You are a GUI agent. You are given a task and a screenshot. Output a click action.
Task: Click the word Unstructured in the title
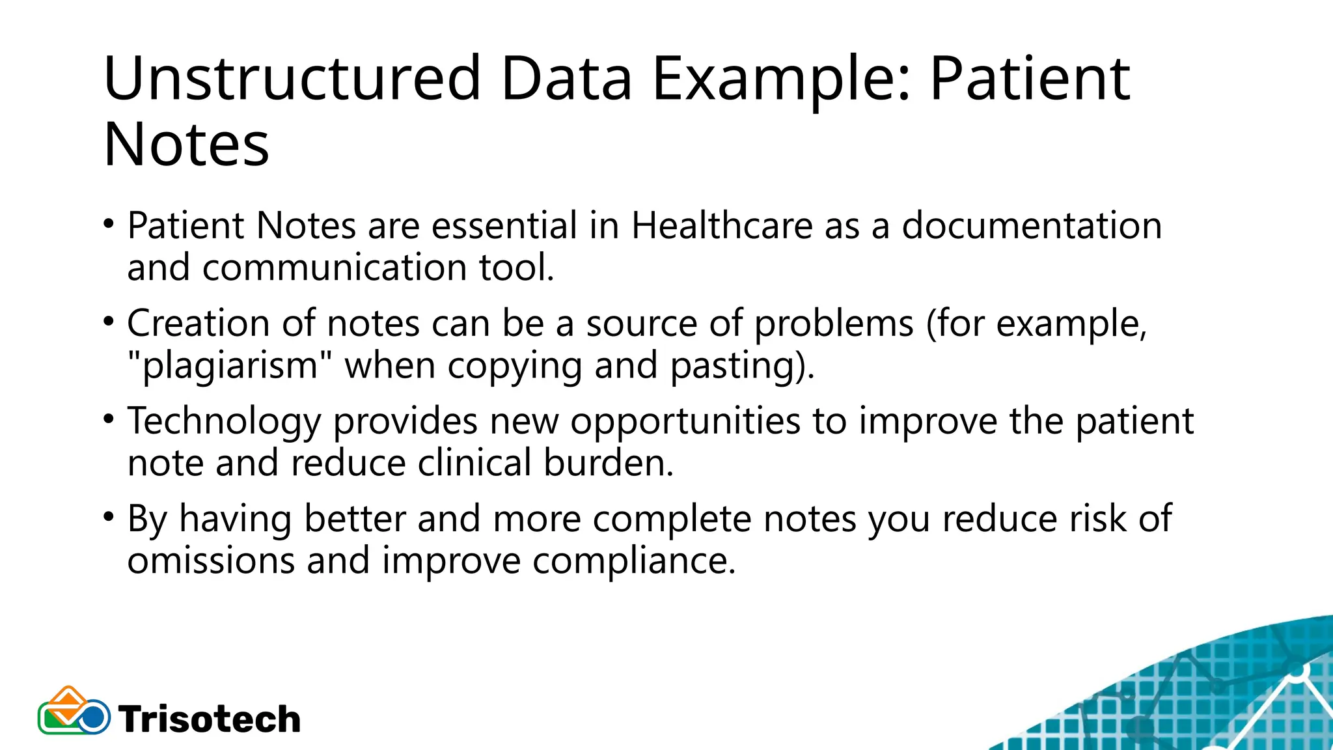[x=292, y=79]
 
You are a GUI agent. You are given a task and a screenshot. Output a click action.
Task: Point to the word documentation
[x=1032, y=226]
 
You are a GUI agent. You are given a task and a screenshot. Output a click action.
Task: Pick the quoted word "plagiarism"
[x=223, y=366]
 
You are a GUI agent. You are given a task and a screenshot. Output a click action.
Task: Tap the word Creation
[x=199, y=324]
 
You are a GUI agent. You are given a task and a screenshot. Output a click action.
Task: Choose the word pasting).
[x=742, y=366]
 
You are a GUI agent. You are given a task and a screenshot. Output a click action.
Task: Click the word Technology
[x=224, y=422]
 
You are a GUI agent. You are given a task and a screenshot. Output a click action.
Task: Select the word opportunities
[x=685, y=422]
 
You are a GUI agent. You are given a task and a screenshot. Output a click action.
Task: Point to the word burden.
[x=608, y=463]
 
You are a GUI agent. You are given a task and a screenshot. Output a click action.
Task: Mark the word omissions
[x=211, y=561]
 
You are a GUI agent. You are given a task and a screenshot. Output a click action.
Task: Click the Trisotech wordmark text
[x=210, y=719]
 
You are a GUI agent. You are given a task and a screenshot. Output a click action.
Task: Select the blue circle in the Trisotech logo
[x=94, y=717]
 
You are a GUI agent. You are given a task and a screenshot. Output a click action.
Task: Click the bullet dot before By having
[x=109, y=518]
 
